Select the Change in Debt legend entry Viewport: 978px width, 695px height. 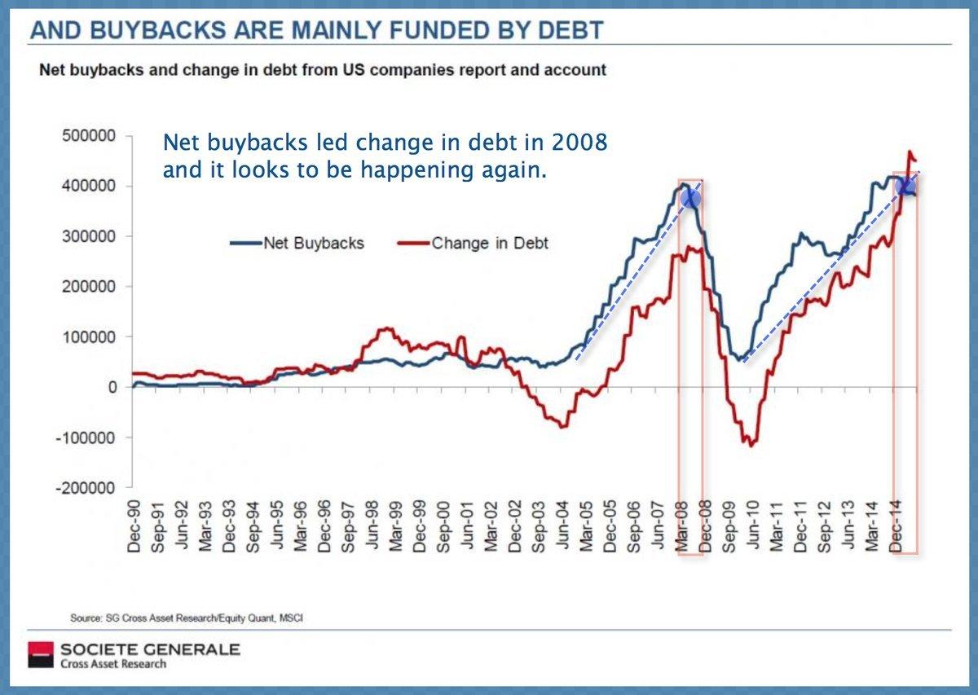click(489, 243)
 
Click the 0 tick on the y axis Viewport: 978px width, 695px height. click(112, 387)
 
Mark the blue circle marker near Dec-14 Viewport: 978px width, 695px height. click(905, 187)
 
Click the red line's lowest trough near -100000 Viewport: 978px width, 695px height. click(749, 444)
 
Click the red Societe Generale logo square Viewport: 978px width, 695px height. click(39, 655)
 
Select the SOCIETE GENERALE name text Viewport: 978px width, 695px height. click(149, 649)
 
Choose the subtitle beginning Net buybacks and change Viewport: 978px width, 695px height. click(323, 70)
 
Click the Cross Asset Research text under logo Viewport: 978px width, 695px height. click(113, 664)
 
